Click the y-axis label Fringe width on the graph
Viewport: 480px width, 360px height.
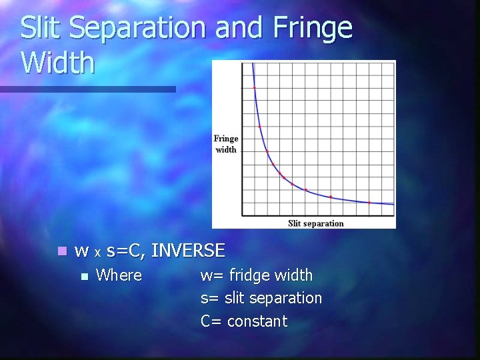pos(225,144)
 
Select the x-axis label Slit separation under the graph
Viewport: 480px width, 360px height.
pos(315,223)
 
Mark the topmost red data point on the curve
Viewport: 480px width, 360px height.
pos(254,87)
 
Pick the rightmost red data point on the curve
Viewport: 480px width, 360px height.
pos(370,202)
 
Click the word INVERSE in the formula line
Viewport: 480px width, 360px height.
pos(188,251)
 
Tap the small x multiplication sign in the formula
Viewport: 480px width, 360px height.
pos(97,253)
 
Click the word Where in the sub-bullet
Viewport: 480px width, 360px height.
pos(119,275)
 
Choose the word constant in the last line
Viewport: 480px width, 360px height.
pos(257,321)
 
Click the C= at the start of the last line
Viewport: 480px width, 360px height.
pos(211,321)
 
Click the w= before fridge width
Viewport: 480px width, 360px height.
pos(213,275)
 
